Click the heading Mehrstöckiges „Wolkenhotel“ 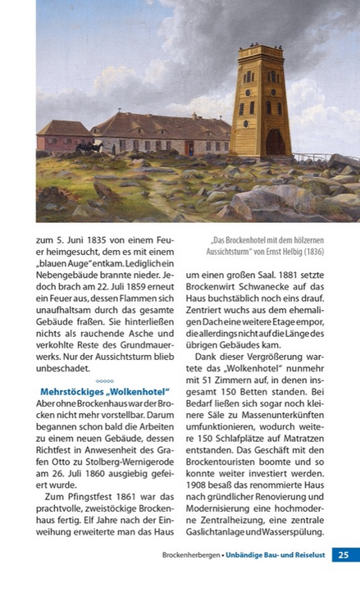(x=99, y=392)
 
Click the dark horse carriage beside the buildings (x=86, y=148)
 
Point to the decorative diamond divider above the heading (x=104, y=380)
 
